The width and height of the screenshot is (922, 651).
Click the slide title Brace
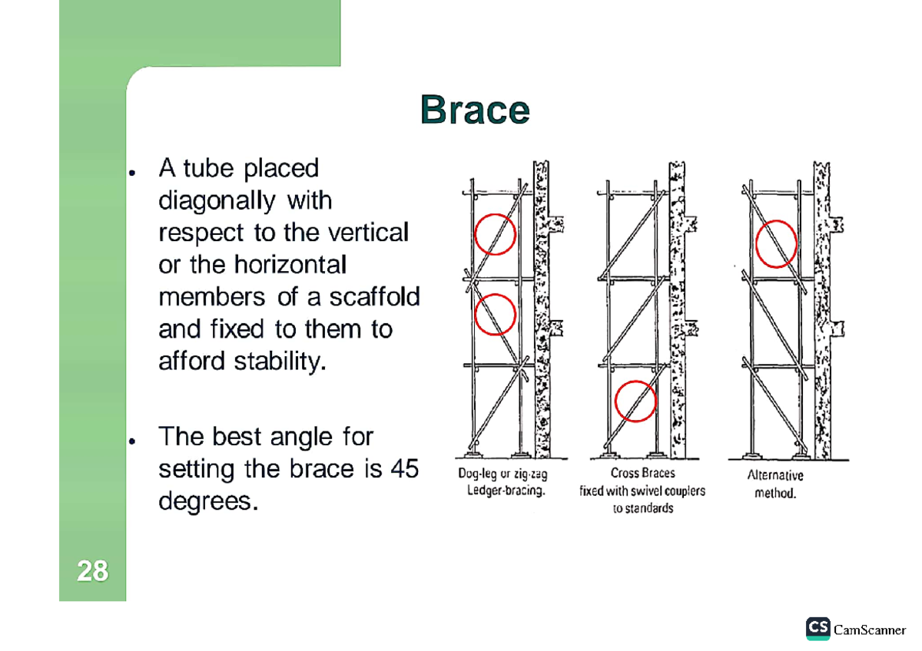[x=474, y=111]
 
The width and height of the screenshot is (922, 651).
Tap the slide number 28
[x=92, y=571]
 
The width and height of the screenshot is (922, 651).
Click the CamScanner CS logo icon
[x=818, y=628]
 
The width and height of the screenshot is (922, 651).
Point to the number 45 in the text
[x=404, y=468]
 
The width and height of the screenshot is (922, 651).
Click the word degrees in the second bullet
[x=205, y=502]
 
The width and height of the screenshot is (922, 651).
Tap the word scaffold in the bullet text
[x=375, y=296]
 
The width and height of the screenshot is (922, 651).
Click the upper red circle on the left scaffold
[x=495, y=234]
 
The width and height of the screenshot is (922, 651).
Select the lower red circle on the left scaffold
[x=495, y=315]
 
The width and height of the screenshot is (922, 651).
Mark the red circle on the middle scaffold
[x=635, y=402]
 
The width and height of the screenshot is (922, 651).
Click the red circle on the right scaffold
[x=777, y=243]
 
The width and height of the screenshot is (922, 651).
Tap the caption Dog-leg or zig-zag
[x=502, y=475]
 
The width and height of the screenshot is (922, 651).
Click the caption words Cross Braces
[x=643, y=474]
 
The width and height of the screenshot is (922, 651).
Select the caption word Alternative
[x=775, y=476]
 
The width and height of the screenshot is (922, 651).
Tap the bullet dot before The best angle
[x=133, y=442]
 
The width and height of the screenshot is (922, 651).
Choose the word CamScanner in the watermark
[x=870, y=630]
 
